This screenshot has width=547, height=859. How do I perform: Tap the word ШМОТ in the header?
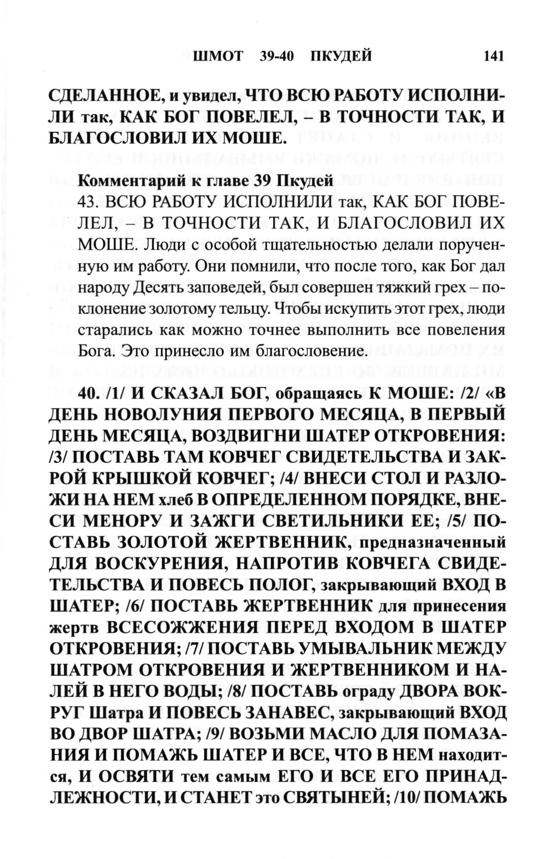218,57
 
